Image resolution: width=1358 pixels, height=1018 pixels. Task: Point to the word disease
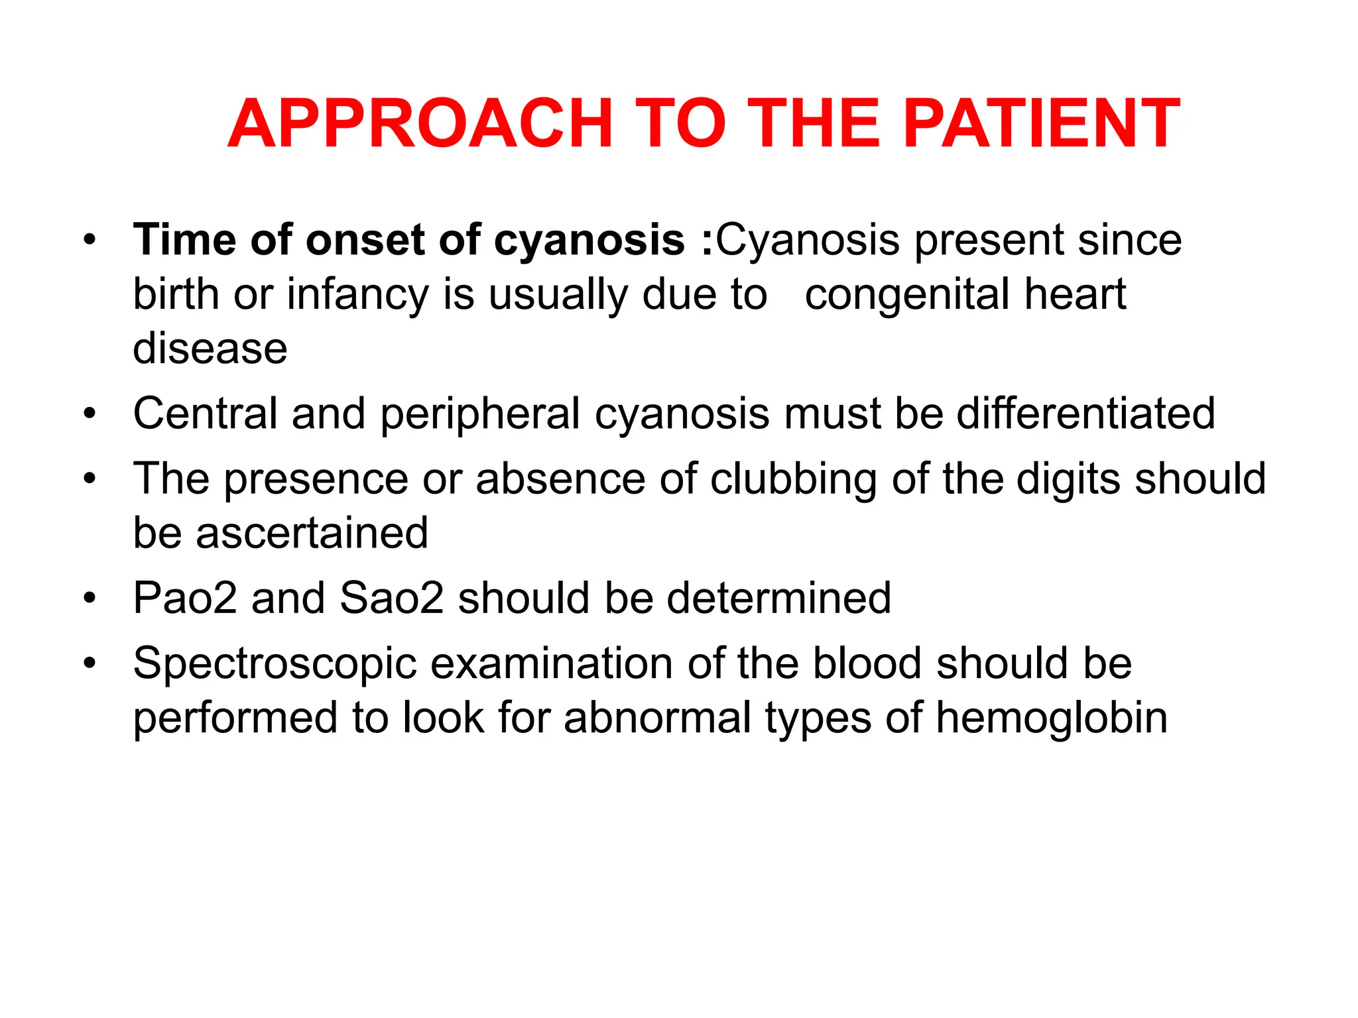pos(210,349)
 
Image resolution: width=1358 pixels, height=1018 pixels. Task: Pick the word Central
pos(205,414)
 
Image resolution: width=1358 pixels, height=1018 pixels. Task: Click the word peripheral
pos(480,414)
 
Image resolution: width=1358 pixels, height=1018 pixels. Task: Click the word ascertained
pos(312,533)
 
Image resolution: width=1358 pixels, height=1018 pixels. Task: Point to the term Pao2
pos(185,598)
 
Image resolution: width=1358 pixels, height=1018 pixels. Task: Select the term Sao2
pos(391,598)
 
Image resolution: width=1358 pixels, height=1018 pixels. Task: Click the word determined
pos(778,598)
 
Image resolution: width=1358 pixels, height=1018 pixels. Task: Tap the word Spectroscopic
pos(275,664)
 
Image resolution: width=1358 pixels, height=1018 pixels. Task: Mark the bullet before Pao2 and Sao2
pos(90,598)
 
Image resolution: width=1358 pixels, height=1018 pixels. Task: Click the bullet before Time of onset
pos(90,240)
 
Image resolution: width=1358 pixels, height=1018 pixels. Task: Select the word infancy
pos(357,295)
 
